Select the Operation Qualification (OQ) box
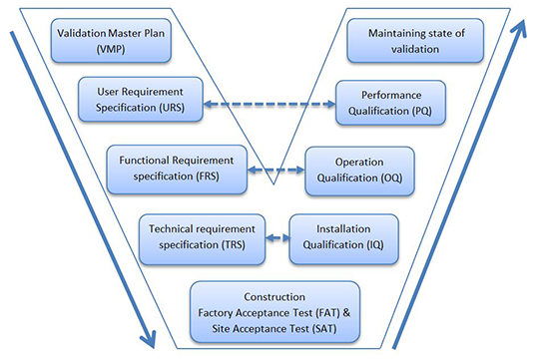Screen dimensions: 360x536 coord(359,171)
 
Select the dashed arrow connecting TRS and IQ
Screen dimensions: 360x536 coord(278,239)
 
